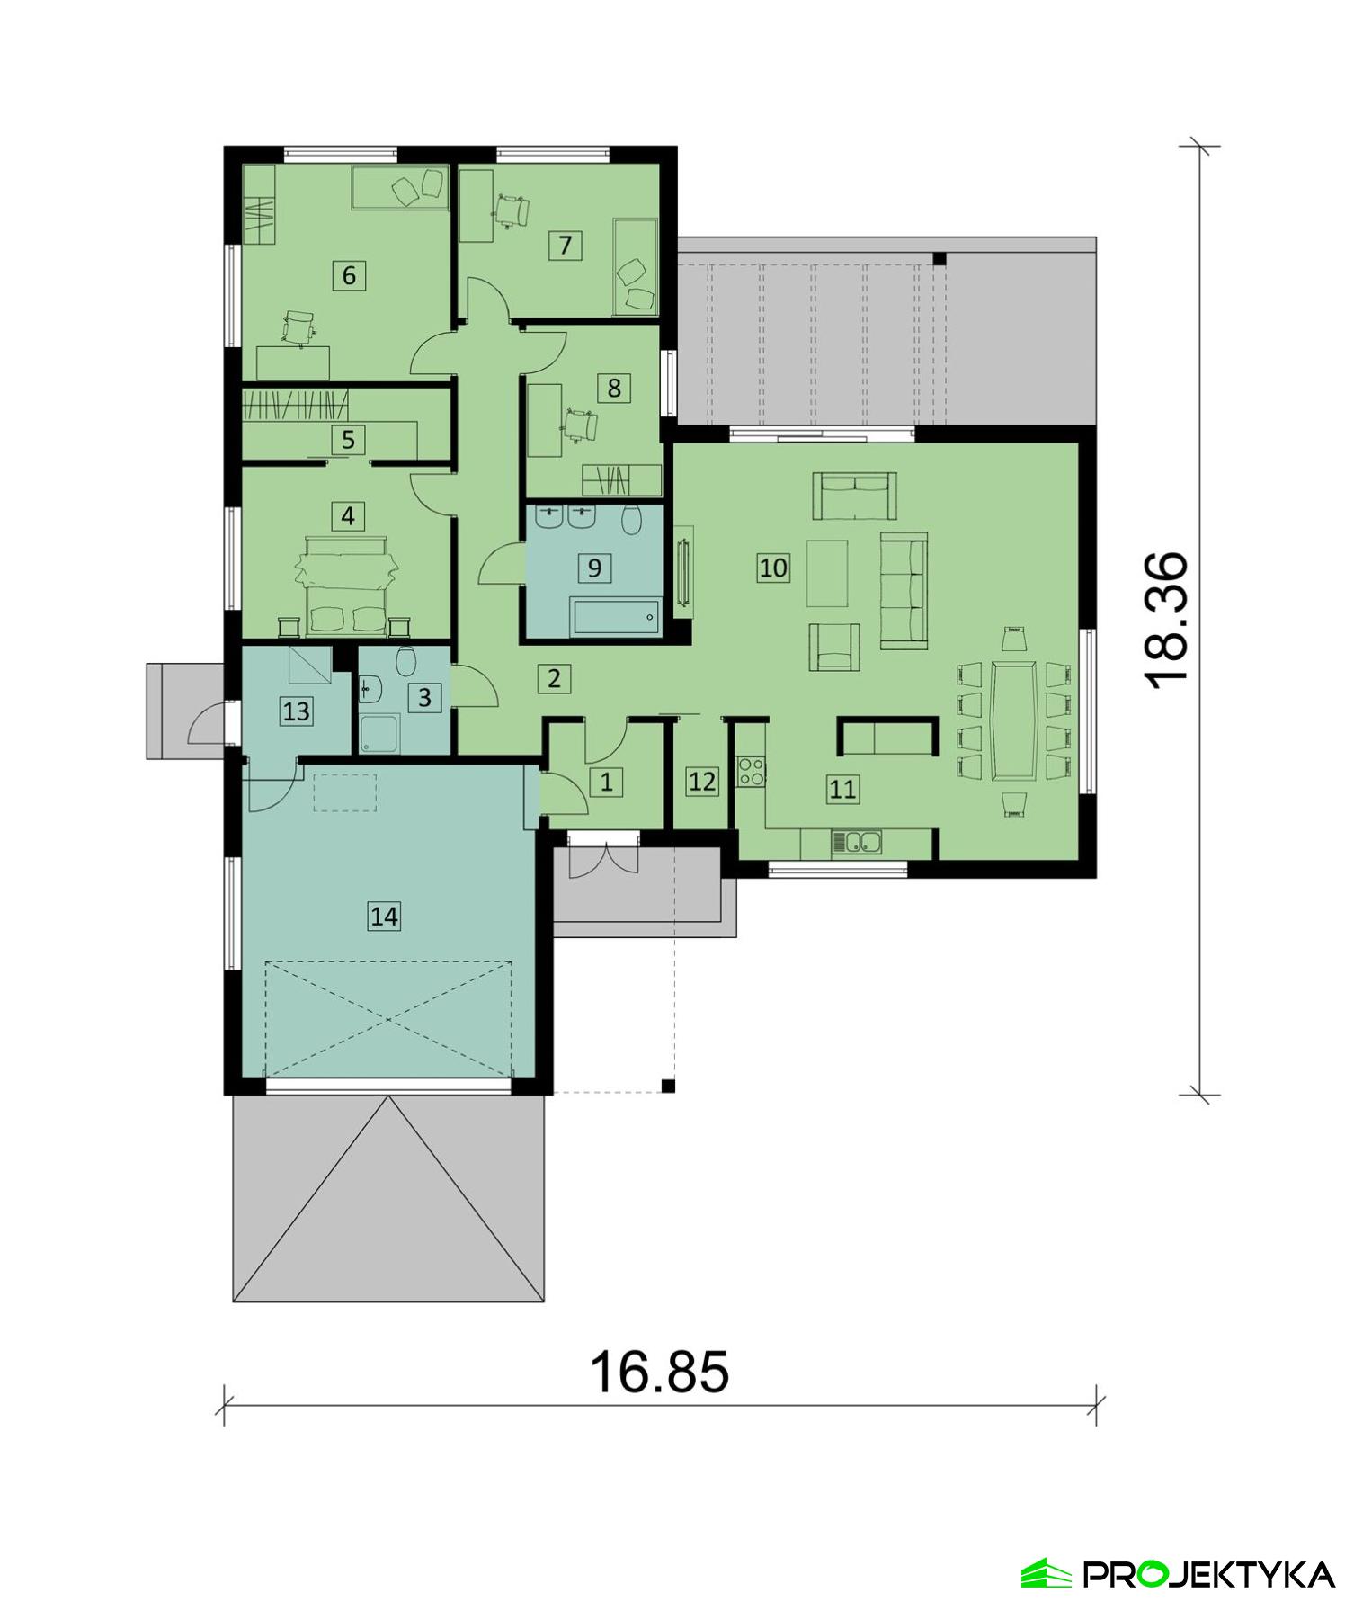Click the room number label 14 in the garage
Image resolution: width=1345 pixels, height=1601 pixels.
(x=384, y=917)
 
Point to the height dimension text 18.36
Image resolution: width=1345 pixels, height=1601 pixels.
(x=1168, y=620)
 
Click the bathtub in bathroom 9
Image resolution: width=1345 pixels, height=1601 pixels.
(x=616, y=619)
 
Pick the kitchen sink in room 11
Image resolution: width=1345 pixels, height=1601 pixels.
(x=857, y=843)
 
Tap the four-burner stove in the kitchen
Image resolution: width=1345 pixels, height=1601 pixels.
(x=752, y=772)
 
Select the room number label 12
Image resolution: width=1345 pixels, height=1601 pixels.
(x=702, y=782)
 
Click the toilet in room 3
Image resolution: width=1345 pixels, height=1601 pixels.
(x=405, y=663)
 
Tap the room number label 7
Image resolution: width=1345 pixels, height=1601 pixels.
(x=565, y=245)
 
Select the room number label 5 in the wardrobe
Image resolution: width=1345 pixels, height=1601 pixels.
(x=348, y=440)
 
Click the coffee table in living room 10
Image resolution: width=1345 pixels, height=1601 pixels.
(x=827, y=572)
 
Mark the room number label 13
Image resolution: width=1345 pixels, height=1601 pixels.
(x=296, y=711)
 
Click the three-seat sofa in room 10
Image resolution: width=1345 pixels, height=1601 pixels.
(x=904, y=589)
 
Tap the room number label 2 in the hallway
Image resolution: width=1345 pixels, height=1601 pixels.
(x=554, y=678)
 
